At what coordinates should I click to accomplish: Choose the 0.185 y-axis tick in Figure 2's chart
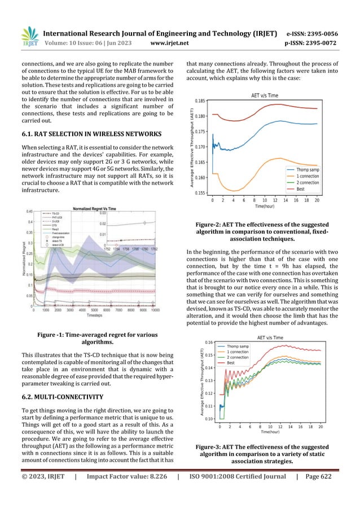[x=200, y=100]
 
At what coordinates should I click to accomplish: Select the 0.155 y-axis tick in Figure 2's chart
[x=200, y=193]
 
